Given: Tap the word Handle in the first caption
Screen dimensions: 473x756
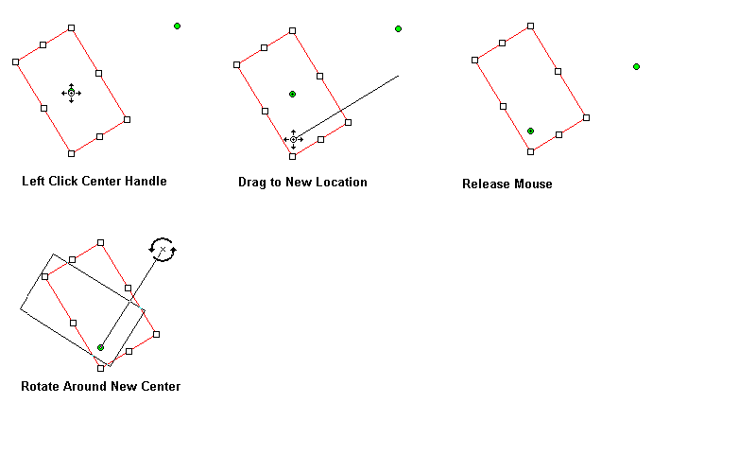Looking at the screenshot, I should [146, 181].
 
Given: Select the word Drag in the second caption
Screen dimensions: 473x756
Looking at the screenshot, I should [252, 182].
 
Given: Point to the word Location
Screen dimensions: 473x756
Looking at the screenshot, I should [339, 182].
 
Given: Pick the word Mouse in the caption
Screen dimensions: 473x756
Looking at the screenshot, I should [533, 184].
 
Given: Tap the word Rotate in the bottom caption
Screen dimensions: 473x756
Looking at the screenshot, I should [41, 386].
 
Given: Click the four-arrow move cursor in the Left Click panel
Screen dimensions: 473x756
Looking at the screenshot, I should [71, 93].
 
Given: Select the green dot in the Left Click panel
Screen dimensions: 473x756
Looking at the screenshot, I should [177, 26].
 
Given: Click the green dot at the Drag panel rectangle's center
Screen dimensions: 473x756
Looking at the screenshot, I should [292, 94].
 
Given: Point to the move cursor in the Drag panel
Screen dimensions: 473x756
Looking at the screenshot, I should [293, 140].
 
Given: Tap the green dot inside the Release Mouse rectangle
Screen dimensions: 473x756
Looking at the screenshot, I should [530, 131].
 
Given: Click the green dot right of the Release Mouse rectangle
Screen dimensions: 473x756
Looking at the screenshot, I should [636, 66].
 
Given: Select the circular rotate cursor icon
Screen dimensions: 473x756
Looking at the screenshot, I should [163, 250].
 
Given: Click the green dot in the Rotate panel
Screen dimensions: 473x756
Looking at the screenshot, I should [100, 347].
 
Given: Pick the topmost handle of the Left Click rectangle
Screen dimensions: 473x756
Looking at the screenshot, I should [72, 28].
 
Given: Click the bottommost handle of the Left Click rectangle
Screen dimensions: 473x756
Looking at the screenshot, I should [71, 152].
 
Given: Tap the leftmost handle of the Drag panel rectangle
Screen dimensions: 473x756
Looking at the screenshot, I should [236, 64].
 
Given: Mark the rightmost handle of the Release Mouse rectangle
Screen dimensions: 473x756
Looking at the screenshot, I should [586, 117].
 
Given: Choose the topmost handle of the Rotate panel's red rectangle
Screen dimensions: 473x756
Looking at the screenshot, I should [100, 242].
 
